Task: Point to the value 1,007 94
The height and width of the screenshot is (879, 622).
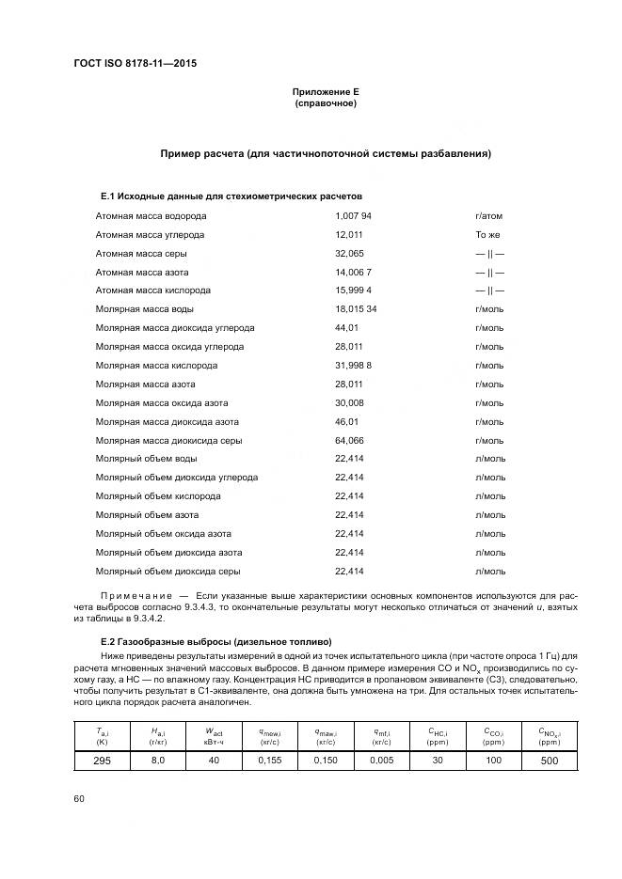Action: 353,215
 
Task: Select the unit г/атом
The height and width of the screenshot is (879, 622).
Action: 491,215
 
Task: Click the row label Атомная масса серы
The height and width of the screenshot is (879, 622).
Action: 141,253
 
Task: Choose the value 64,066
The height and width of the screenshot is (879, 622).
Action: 349,440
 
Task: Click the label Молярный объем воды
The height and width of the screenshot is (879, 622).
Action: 146,459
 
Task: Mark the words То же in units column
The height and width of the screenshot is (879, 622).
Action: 487,234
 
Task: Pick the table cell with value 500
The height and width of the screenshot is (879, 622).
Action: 549,760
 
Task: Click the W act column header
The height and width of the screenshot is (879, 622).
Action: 215,733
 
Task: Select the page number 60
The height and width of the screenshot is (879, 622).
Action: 78,798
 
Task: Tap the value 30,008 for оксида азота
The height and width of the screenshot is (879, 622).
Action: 349,402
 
